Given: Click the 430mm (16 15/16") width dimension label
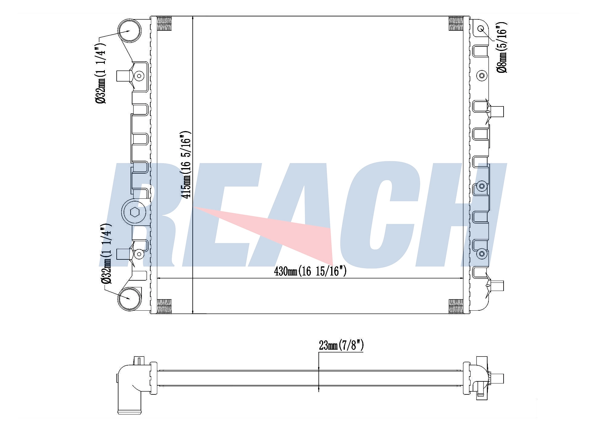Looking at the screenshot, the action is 310,271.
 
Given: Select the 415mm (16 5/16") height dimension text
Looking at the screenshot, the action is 185,165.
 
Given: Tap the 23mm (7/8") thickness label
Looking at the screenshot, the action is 341,345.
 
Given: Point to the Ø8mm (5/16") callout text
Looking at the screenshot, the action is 502,47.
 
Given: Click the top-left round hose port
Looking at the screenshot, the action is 129,31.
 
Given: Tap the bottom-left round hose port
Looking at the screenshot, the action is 129,299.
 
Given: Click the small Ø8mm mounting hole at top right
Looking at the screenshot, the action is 481,29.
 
